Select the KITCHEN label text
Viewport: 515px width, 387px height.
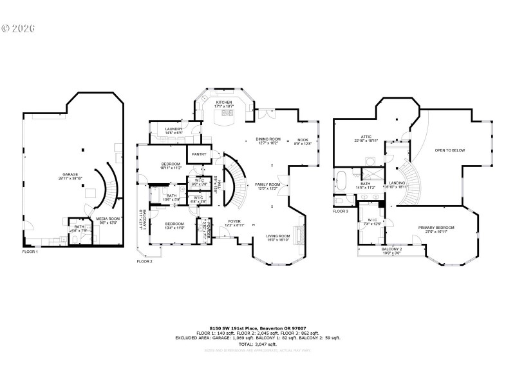point(224,103)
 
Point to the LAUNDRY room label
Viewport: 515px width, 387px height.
point(173,129)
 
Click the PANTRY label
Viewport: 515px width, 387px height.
point(197,154)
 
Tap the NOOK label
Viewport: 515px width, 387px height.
point(303,139)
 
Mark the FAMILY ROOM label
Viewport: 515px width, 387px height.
point(268,184)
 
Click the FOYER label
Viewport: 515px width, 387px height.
point(234,221)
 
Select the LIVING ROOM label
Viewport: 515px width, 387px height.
point(279,236)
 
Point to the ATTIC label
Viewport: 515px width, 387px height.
point(366,137)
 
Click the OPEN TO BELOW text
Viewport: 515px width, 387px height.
point(449,150)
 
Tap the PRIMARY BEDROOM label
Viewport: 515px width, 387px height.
point(436,228)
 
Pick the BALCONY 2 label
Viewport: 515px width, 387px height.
point(391,249)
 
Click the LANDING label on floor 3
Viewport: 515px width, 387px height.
point(397,183)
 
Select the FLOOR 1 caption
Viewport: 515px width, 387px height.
point(30,252)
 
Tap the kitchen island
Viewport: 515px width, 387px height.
point(227,115)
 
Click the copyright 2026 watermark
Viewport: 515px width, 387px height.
point(18,28)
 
